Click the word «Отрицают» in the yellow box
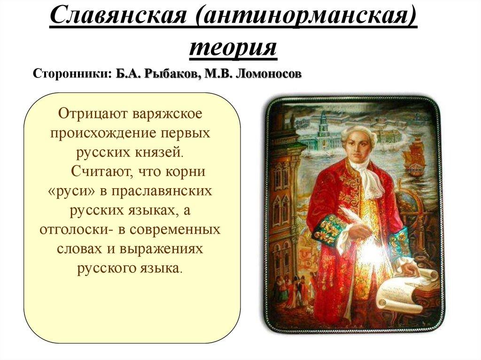(92, 114)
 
